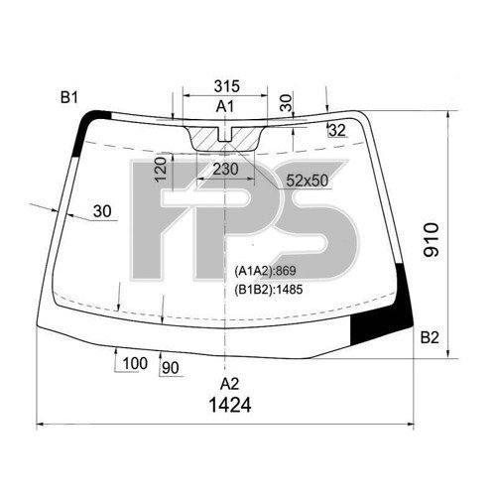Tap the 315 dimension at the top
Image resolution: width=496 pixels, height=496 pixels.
pyautogui.click(x=227, y=87)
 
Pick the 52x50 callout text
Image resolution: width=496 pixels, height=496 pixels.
pyautogui.click(x=307, y=180)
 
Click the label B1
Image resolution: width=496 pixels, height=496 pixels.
pyautogui.click(x=68, y=97)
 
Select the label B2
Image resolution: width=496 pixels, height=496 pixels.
pyautogui.click(x=429, y=338)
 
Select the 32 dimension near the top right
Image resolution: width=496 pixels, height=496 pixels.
pyautogui.click(x=336, y=130)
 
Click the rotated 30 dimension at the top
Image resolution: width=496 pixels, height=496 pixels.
pyautogui.click(x=287, y=101)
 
